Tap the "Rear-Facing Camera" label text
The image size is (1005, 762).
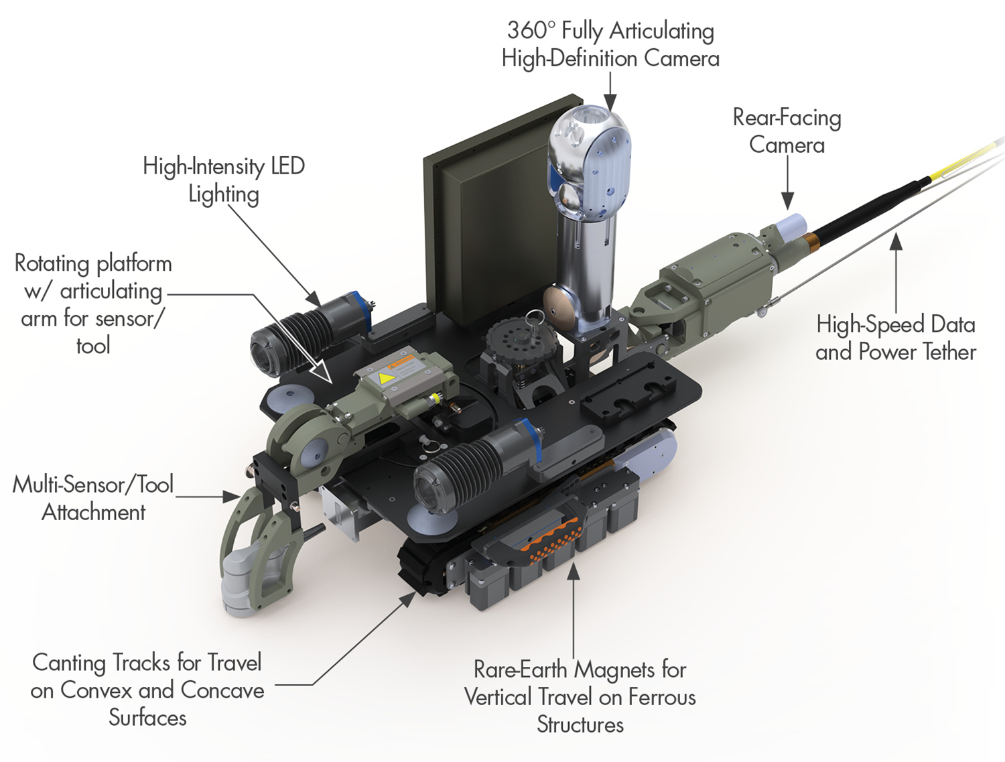point(787,131)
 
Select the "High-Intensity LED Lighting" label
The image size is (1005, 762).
point(224,180)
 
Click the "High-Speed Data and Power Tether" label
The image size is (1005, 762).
point(895,338)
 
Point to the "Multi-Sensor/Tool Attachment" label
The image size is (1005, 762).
point(93,498)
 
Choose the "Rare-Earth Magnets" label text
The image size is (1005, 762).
point(580,696)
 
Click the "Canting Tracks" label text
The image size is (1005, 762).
point(147,690)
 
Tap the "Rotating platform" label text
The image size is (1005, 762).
point(93,304)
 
